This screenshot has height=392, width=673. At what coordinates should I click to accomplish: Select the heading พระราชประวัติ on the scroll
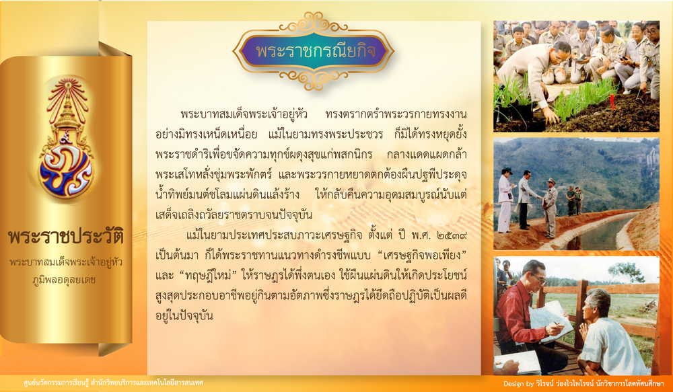click(66, 236)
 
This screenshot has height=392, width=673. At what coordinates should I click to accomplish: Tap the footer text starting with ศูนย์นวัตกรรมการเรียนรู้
click(113, 383)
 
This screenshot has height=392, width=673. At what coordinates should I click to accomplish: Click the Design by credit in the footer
click(583, 383)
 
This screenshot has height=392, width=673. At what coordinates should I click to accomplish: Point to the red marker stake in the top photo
click(612, 102)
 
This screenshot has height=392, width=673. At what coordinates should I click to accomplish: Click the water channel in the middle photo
click(601, 234)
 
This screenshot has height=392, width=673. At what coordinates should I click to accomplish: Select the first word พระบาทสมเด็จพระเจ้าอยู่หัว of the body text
click(244, 114)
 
